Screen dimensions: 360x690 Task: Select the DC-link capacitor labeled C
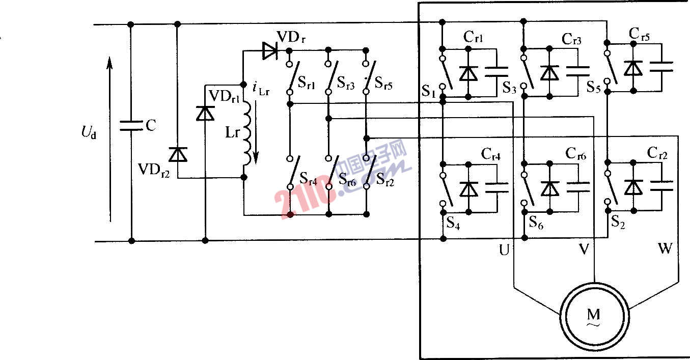click(x=131, y=125)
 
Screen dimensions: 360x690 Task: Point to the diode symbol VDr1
click(x=205, y=113)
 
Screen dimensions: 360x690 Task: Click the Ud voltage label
click(x=88, y=133)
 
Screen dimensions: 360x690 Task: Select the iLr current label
click(x=261, y=88)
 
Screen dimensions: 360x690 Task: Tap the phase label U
click(x=505, y=250)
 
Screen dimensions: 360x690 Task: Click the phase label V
click(x=584, y=249)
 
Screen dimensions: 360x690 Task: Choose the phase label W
click(x=665, y=249)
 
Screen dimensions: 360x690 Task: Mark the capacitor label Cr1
click(x=474, y=37)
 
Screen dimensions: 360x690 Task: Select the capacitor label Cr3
click(x=571, y=39)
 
